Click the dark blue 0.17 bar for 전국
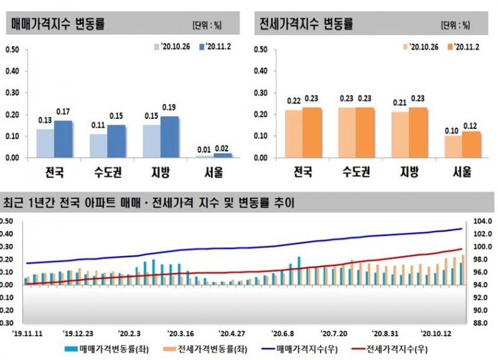63,139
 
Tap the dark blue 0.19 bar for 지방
169,137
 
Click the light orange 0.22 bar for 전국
293,134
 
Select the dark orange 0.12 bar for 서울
472,144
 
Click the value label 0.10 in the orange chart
453,130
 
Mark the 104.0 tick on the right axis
482,221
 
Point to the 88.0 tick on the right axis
482,323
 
